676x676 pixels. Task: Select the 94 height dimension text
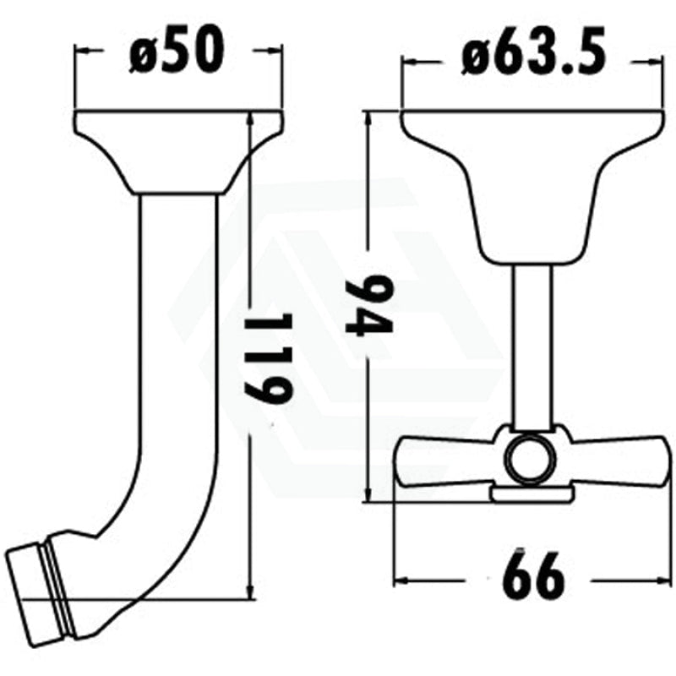tap(370, 304)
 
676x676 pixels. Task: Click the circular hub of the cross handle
tap(530, 459)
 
